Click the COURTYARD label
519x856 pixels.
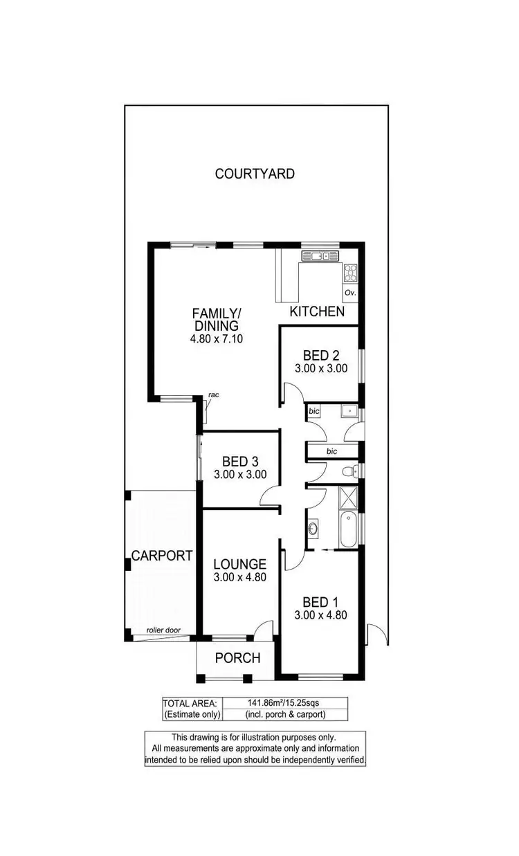255,174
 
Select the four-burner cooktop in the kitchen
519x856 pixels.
350,272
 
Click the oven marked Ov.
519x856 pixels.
350,293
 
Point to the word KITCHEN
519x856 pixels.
317,311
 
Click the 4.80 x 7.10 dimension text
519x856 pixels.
215,339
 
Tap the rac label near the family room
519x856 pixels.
214,395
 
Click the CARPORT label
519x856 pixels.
162,556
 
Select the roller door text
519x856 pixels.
162,630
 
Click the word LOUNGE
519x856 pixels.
239,564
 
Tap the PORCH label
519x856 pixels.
237,657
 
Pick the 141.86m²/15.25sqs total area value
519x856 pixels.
285,702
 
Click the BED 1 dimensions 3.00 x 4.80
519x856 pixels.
320,614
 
